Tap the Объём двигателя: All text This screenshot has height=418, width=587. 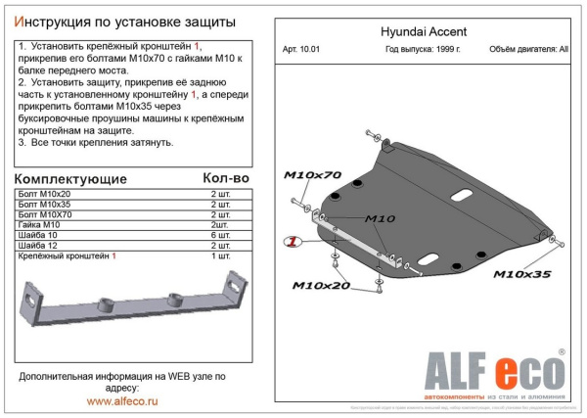(528, 47)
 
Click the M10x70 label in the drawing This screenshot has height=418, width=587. (312, 175)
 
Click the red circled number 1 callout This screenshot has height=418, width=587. (291, 242)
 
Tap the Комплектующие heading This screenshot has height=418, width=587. (71, 179)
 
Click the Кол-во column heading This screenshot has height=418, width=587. (225, 179)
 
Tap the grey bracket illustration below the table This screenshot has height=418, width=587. (131, 304)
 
